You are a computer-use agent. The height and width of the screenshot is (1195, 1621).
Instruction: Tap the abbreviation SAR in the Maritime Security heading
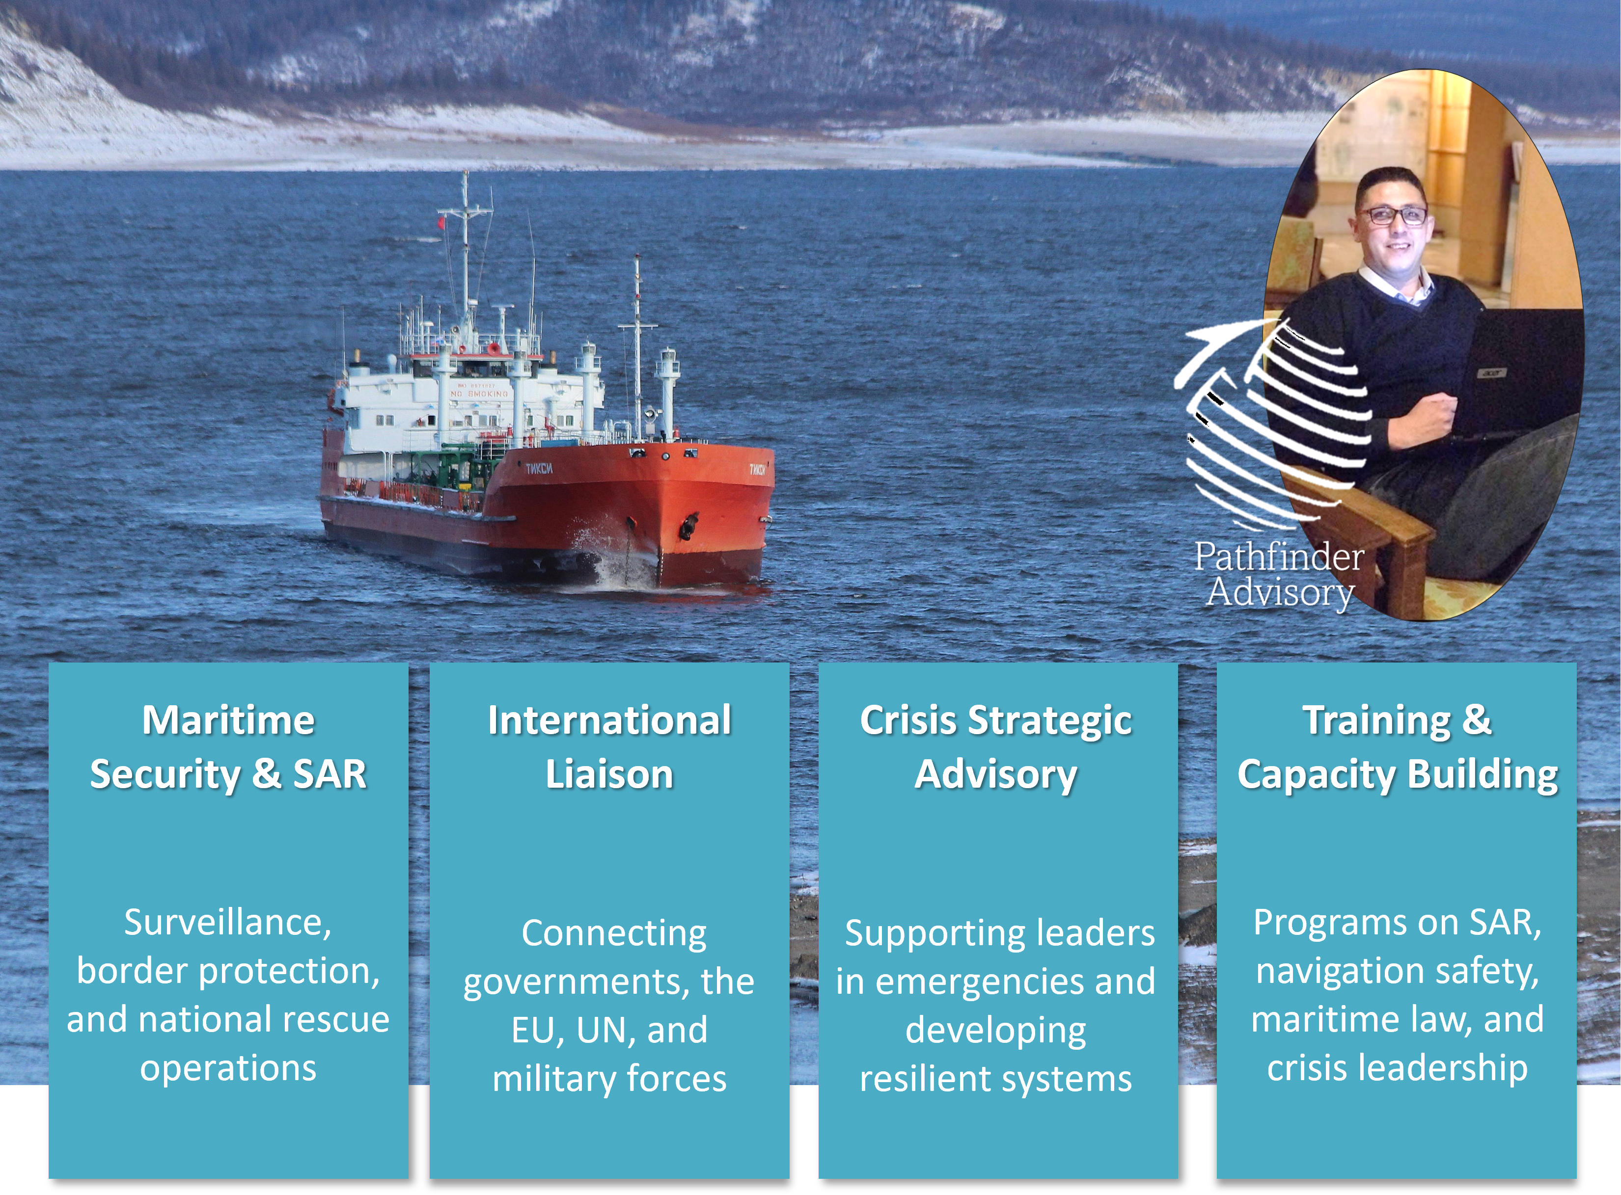click(330, 774)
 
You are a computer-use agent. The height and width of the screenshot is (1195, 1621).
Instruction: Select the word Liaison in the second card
click(609, 774)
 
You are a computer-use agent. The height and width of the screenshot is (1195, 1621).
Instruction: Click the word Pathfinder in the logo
click(1279, 557)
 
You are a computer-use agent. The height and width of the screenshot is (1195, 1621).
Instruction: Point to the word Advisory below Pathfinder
click(1280, 593)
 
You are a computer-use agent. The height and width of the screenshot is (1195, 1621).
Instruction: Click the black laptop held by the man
click(1516, 372)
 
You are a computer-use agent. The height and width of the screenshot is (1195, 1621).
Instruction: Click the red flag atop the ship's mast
click(440, 222)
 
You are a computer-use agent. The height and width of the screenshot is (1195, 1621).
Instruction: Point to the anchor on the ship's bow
click(688, 526)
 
